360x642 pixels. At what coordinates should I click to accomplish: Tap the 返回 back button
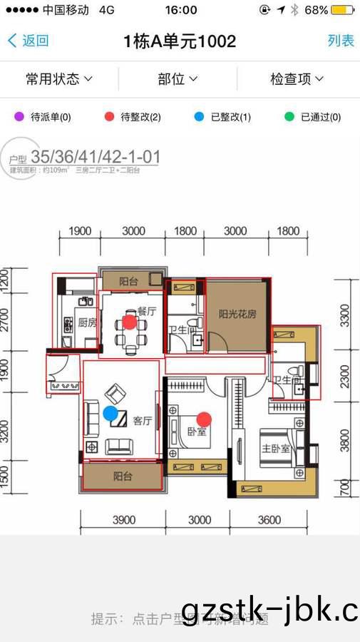click(x=28, y=41)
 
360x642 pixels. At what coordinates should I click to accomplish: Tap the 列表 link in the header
click(x=341, y=41)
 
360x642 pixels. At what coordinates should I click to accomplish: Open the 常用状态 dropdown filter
click(x=59, y=78)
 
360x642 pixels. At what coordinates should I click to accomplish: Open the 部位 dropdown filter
click(x=178, y=78)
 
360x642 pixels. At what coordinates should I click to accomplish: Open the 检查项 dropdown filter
click(x=297, y=78)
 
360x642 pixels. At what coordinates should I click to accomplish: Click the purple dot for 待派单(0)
click(x=19, y=117)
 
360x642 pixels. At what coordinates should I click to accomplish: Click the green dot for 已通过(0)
click(x=289, y=117)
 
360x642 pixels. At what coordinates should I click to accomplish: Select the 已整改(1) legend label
click(x=231, y=117)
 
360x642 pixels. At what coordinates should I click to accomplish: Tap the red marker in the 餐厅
click(x=129, y=322)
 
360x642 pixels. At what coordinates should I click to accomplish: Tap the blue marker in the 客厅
click(x=110, y=412)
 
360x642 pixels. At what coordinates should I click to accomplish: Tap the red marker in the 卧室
click(x=204, y=419)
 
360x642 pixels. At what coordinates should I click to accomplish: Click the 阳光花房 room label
click(x=237, y=313)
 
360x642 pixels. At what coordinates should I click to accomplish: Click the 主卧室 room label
click(x=274, y=449)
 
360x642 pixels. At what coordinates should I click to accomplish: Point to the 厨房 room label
click(x=87, y=322)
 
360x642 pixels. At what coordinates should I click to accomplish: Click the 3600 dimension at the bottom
click(x=269, y=520)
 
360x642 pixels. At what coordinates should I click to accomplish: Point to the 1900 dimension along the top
click(x=80, y=231)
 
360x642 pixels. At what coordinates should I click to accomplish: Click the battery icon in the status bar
click(x=342, y=10)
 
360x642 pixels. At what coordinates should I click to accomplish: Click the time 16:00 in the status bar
click(x=180, y=10)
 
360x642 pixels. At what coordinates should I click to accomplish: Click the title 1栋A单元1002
click(x=180, y=41)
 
